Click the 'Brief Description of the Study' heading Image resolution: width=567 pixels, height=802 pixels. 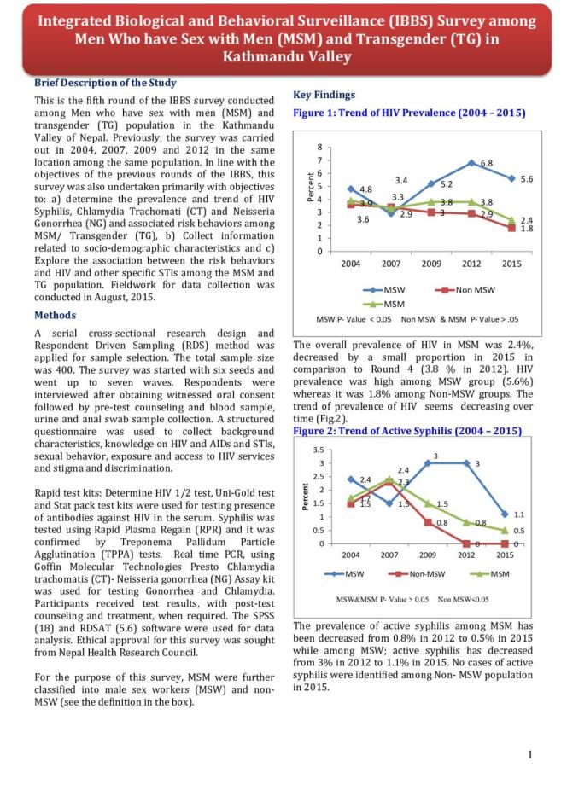105,83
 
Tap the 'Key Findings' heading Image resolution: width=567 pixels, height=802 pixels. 324,95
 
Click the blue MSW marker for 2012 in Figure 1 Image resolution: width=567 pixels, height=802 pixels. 471,162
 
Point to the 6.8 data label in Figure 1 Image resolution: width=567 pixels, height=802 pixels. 487,162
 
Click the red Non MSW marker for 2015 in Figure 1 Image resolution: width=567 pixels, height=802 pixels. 511,228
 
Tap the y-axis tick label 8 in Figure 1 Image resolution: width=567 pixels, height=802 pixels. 319,147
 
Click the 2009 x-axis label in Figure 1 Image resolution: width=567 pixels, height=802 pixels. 431,264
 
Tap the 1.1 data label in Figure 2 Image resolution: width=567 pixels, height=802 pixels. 517,514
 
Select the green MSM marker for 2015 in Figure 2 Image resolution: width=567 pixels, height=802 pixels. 505,531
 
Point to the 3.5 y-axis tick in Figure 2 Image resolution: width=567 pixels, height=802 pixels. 319,449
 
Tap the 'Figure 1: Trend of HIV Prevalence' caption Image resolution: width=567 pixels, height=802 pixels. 409,113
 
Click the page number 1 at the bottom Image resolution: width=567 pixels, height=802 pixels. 530,753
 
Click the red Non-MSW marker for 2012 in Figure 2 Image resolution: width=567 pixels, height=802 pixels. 466,543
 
